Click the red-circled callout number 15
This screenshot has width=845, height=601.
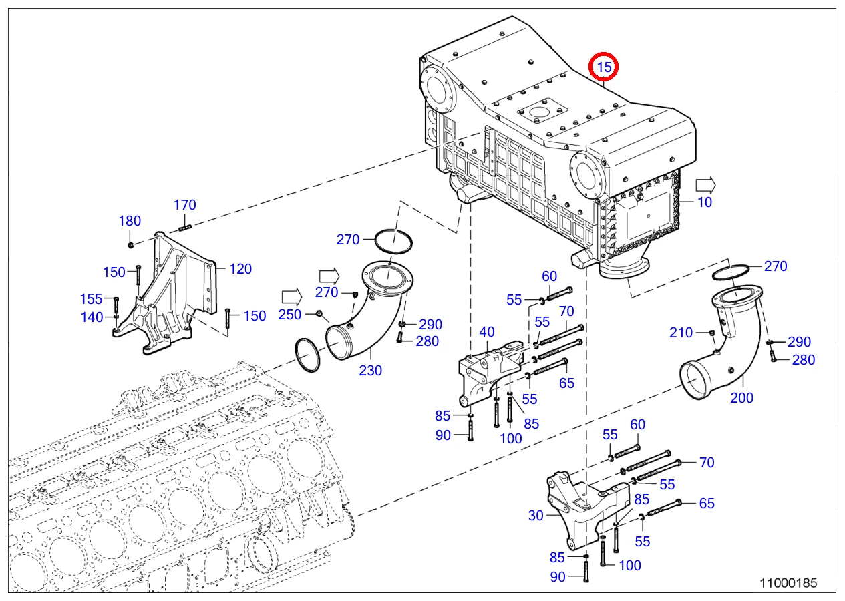point(604,67)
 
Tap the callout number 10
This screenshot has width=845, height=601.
point(705,202)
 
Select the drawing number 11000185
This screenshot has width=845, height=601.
point(788,583)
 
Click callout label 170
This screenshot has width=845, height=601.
point(185,205)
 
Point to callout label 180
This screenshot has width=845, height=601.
point(130,220)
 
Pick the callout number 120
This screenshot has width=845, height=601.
point(240,269)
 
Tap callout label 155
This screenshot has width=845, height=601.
point(92,299)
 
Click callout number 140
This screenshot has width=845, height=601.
point(92,317)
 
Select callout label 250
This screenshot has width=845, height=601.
point(290,315)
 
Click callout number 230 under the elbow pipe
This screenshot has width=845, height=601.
point(371,370)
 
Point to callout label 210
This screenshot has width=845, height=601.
point(681,332)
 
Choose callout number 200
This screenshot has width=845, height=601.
point(741,397)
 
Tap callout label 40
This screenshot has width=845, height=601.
point(487,332)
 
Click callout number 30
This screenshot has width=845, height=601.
point(536,516)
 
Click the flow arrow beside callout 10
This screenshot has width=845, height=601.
point(705,185)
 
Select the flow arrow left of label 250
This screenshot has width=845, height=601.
point(292,297)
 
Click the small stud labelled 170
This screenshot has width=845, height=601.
point(185,228)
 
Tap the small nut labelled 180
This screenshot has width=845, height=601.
point(131,246)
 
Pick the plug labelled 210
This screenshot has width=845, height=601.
point(711,333)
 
